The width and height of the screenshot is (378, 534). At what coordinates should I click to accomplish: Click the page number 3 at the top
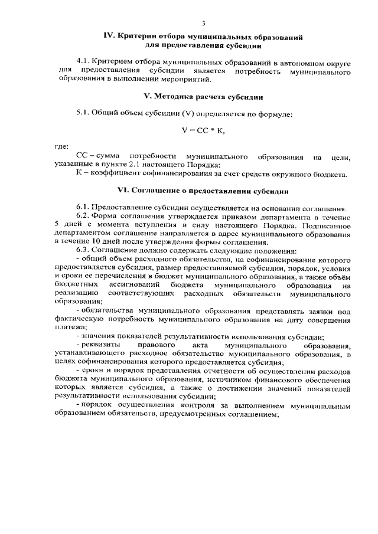click(203, 24)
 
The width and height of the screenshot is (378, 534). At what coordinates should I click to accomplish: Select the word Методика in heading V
click(176, 96)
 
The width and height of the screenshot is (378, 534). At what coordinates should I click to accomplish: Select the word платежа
click(66, 328)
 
